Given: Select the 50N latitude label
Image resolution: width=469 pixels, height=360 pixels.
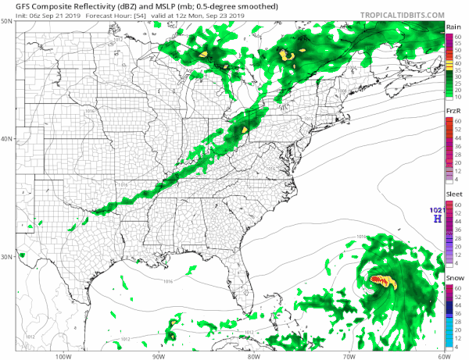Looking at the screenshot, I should pyautogui.click(x=6, y=21).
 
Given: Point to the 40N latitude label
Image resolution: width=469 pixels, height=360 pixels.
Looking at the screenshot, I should pyautogui.click(x=6, y=139).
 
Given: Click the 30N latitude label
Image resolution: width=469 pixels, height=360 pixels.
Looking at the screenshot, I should pyautogui.click(x=6, y=257).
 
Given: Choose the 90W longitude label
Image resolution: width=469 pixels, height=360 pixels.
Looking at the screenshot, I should pyautogui.click(x=158, y=355).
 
